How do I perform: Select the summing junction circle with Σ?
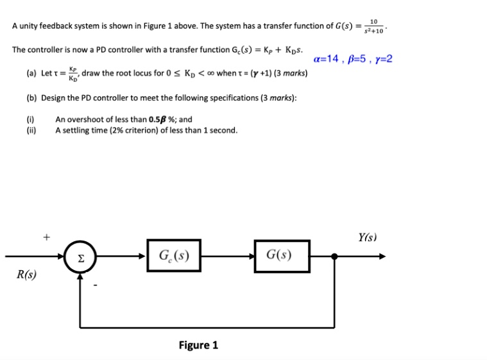point(81,258)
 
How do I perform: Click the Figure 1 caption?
point(198,345)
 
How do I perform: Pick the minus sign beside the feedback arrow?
point(94,284)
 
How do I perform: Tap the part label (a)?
point(31,73)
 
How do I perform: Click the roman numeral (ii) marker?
point(31,130)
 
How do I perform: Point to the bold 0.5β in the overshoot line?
point(160,119)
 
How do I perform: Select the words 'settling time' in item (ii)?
point(85,130)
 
